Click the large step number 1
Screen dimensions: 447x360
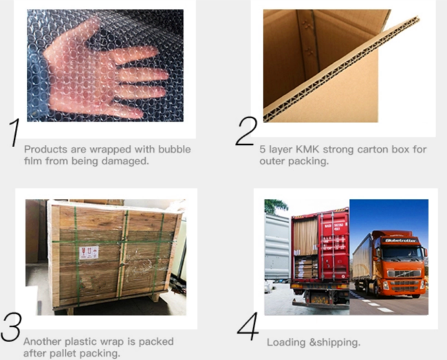[14, 133]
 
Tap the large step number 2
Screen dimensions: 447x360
[247, 131]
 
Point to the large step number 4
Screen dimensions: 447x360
[248, 326]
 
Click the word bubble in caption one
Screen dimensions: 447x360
[175, 149]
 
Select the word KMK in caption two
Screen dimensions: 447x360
[307, 149]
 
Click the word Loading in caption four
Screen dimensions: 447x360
[286, 342]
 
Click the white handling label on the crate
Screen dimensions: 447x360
[89, 253]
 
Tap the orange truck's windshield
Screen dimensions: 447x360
[402, 251]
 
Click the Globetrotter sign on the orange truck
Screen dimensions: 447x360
[401, 240]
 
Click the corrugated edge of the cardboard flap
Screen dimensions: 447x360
[340, 69]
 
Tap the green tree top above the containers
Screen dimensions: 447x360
[275, 205]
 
